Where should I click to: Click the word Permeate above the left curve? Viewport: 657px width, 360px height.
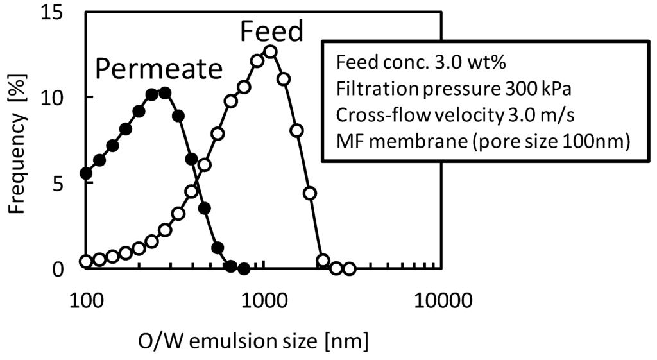159,69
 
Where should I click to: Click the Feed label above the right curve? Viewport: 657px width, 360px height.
271,32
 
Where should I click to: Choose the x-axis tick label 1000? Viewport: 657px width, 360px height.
264,298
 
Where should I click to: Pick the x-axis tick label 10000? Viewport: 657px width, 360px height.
443,298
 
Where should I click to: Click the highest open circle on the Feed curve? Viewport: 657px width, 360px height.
270,51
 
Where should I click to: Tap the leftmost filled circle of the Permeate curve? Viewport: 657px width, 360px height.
86,173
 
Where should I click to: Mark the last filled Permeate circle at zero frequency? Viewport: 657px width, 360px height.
243,269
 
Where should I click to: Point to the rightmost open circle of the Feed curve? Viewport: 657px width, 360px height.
349,269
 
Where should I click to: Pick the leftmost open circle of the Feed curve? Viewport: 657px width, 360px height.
86,261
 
